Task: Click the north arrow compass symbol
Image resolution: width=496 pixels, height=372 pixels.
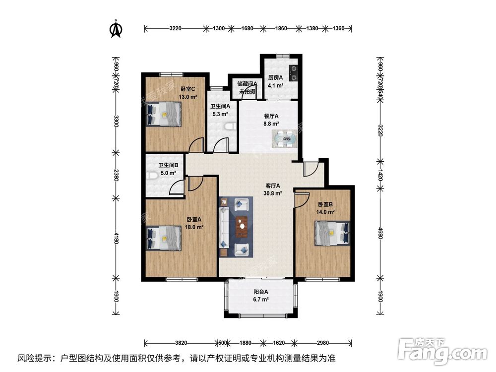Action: coord(116,29)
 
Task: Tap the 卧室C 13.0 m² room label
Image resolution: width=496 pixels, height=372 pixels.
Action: coord(188,93)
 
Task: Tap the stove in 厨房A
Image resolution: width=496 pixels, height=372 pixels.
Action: coord(294,73)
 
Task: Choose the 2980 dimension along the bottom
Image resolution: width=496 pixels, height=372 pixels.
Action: coord(323,342)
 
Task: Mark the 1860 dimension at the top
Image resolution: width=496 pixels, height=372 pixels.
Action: coord(281,28)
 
